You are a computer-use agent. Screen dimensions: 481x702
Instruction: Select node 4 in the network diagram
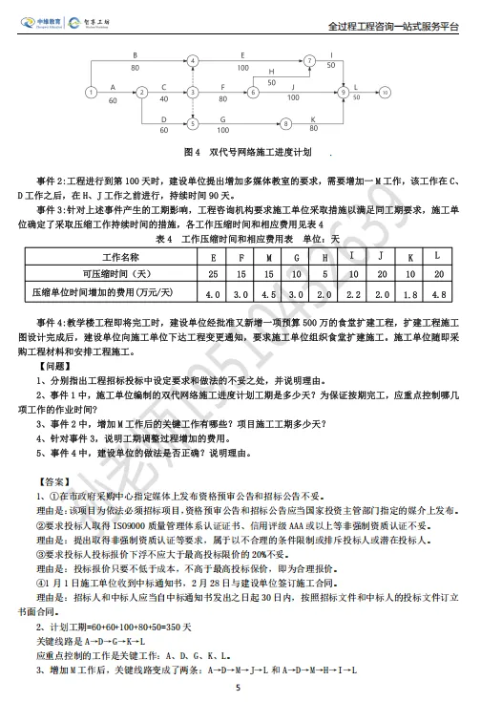[195, 60]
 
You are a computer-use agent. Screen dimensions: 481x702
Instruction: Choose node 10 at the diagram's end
[386, 92]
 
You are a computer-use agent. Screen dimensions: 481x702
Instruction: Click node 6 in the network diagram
[253, 92]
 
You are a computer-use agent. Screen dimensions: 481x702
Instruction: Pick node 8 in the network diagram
[284, 123]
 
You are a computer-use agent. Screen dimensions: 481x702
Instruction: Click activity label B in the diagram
[135, 54]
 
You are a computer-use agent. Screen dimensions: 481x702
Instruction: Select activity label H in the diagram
[271, 72]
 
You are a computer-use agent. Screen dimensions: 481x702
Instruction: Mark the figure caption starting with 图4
[247, 152]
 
